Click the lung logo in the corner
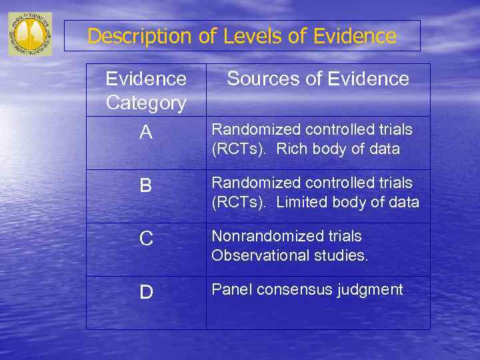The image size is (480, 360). [30, 33]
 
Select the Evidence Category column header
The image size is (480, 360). [146, 91]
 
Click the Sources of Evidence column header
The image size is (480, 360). [318, 79]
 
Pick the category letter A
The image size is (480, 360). [146, 133]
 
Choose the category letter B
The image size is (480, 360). [146, 185]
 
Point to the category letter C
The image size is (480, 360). [146, 239]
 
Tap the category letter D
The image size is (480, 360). [146, 292]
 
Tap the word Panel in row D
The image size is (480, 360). [231, 289]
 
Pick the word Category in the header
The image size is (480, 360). [146, 103]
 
